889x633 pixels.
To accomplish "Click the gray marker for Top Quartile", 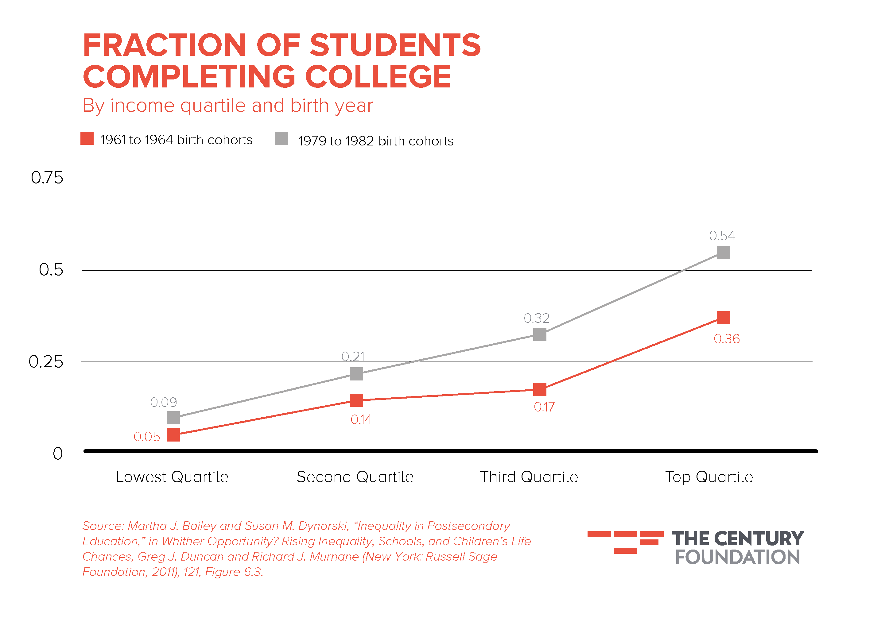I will coord(723,253).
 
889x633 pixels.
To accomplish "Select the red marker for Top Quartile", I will coord(723,318).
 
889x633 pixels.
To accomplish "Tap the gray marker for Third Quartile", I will coord(540,334).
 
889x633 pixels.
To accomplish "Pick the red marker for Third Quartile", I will coord(540,389).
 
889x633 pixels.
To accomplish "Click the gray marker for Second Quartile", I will coord(356,374).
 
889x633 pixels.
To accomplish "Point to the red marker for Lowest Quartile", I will coord(173,434).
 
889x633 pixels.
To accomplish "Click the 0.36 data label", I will coord(726,339).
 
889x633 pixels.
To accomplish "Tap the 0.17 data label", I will coord(544,407).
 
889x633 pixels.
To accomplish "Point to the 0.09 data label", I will coord(163,402).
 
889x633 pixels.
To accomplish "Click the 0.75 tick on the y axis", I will coord(47,178).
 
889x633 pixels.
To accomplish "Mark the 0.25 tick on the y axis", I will coord(46,362).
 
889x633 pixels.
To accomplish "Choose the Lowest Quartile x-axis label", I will coord(172,477).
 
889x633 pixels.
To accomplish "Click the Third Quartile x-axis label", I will coord(529,477).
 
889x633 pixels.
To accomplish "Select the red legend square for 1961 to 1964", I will coord(87,138).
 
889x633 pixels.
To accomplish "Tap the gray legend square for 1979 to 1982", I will coord(281,138).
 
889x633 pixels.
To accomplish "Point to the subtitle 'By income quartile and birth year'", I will coord(227,105).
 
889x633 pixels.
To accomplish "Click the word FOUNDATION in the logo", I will coord(737,557).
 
